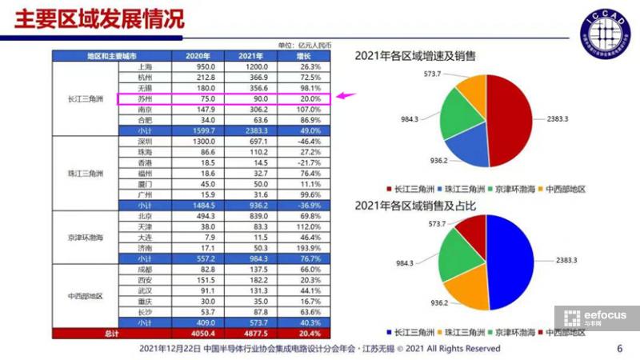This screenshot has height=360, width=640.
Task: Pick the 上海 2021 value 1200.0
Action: [x=253, y=67]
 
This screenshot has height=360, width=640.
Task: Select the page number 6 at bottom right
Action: [x=620, y=349]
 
